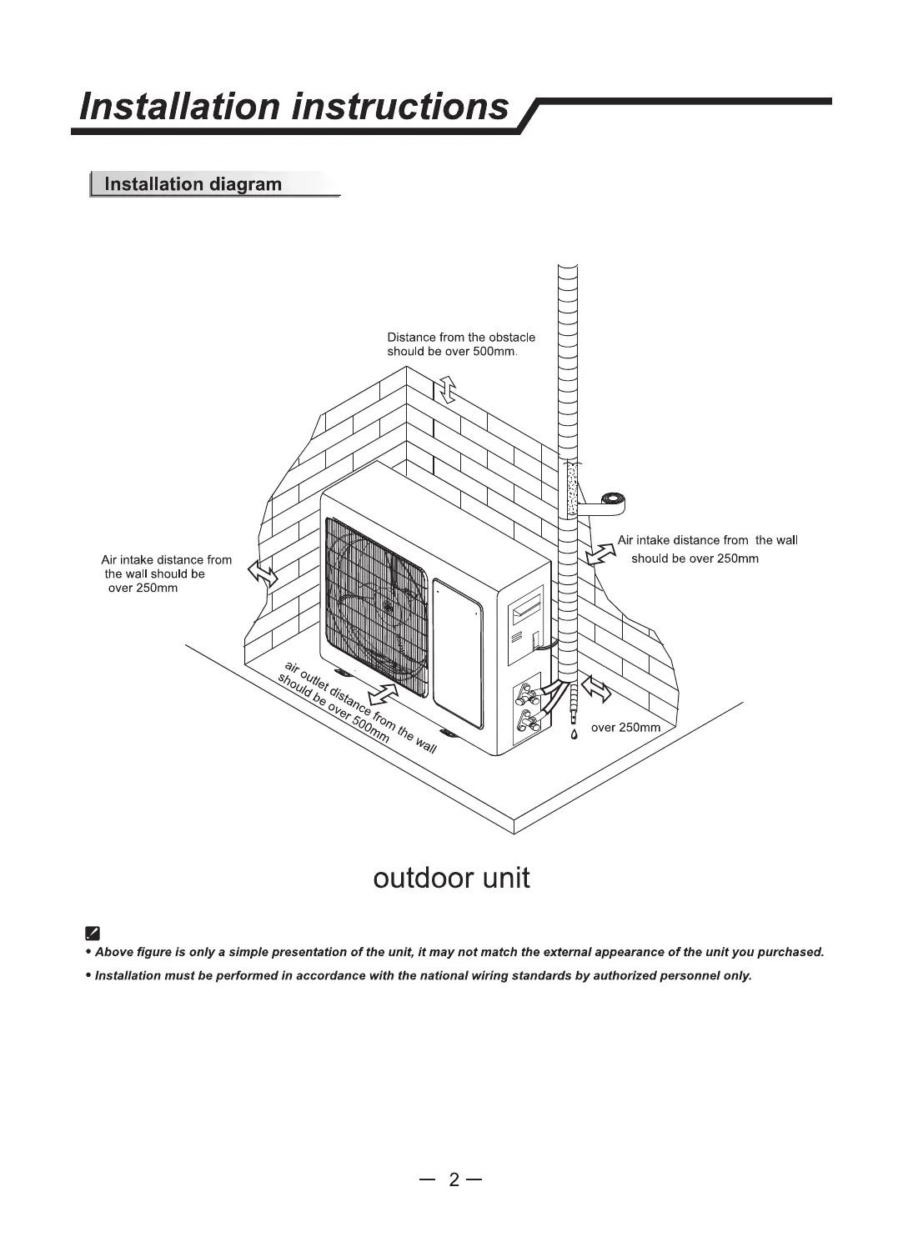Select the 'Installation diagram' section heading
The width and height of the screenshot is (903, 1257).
(192, 184)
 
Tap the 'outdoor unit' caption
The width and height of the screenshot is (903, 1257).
(451, 879)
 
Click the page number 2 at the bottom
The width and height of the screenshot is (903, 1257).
(454, 1179)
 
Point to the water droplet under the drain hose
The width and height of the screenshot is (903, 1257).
(574, 734)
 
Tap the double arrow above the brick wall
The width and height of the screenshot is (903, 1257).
(448, 388)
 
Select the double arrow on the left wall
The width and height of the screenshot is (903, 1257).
(263, 573)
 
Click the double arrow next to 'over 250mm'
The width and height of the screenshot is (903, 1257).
(595, 689)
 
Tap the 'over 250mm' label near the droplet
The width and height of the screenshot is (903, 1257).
(625, 728)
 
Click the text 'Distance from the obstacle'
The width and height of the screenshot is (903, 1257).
(461, 338)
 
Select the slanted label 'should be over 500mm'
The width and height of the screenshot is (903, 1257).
(333, 708)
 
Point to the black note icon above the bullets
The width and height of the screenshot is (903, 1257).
(93, 933)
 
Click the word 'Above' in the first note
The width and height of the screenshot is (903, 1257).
(114, 952)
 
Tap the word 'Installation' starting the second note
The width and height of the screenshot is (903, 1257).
(128, 975)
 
